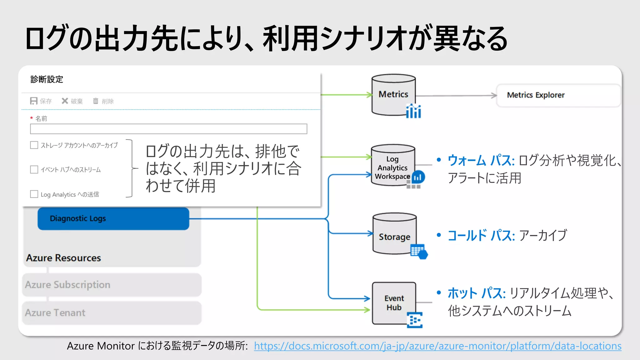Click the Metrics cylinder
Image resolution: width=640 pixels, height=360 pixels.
coord(393,95)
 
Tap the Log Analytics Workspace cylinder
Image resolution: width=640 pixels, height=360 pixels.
coord(393,166)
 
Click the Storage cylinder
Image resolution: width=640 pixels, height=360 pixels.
coord(394,234)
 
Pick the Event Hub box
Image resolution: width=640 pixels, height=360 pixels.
coord(394,303)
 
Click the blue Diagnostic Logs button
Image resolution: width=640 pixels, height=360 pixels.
coord(113,218)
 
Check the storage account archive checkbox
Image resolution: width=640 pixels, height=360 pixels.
coord(34,145)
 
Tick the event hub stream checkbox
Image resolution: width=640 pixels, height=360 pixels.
coord(34,169)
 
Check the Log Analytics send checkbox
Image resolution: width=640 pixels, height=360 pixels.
coord(34,194)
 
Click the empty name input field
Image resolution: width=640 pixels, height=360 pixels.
coord(168,129)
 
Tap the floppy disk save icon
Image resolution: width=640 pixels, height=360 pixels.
coord(34,101)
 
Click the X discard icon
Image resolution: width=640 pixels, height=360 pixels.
coord(65,101)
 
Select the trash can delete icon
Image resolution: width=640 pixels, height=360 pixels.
coord(96,101)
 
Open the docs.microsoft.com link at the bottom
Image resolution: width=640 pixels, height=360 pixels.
coord(437,346)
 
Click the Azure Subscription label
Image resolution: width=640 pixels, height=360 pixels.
coord(67,285)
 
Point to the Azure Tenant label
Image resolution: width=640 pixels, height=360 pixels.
coord(55,313)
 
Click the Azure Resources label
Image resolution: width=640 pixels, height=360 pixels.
coord(63,258)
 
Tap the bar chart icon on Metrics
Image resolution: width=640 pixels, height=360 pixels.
coord(413,111)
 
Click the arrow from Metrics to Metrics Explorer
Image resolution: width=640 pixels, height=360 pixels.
coord(456,96)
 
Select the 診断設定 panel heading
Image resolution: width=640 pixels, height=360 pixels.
coord(47,79)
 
